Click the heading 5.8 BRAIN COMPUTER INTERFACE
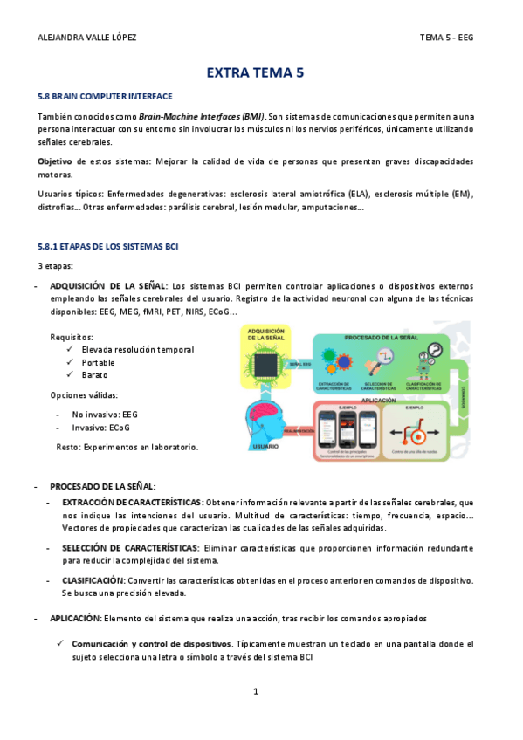105,96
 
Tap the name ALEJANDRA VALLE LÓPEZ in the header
88,38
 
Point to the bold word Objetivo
55,161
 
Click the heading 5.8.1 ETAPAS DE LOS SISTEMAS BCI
108,247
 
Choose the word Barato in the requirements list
95,374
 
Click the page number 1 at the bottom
256,691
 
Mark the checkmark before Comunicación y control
62,643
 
